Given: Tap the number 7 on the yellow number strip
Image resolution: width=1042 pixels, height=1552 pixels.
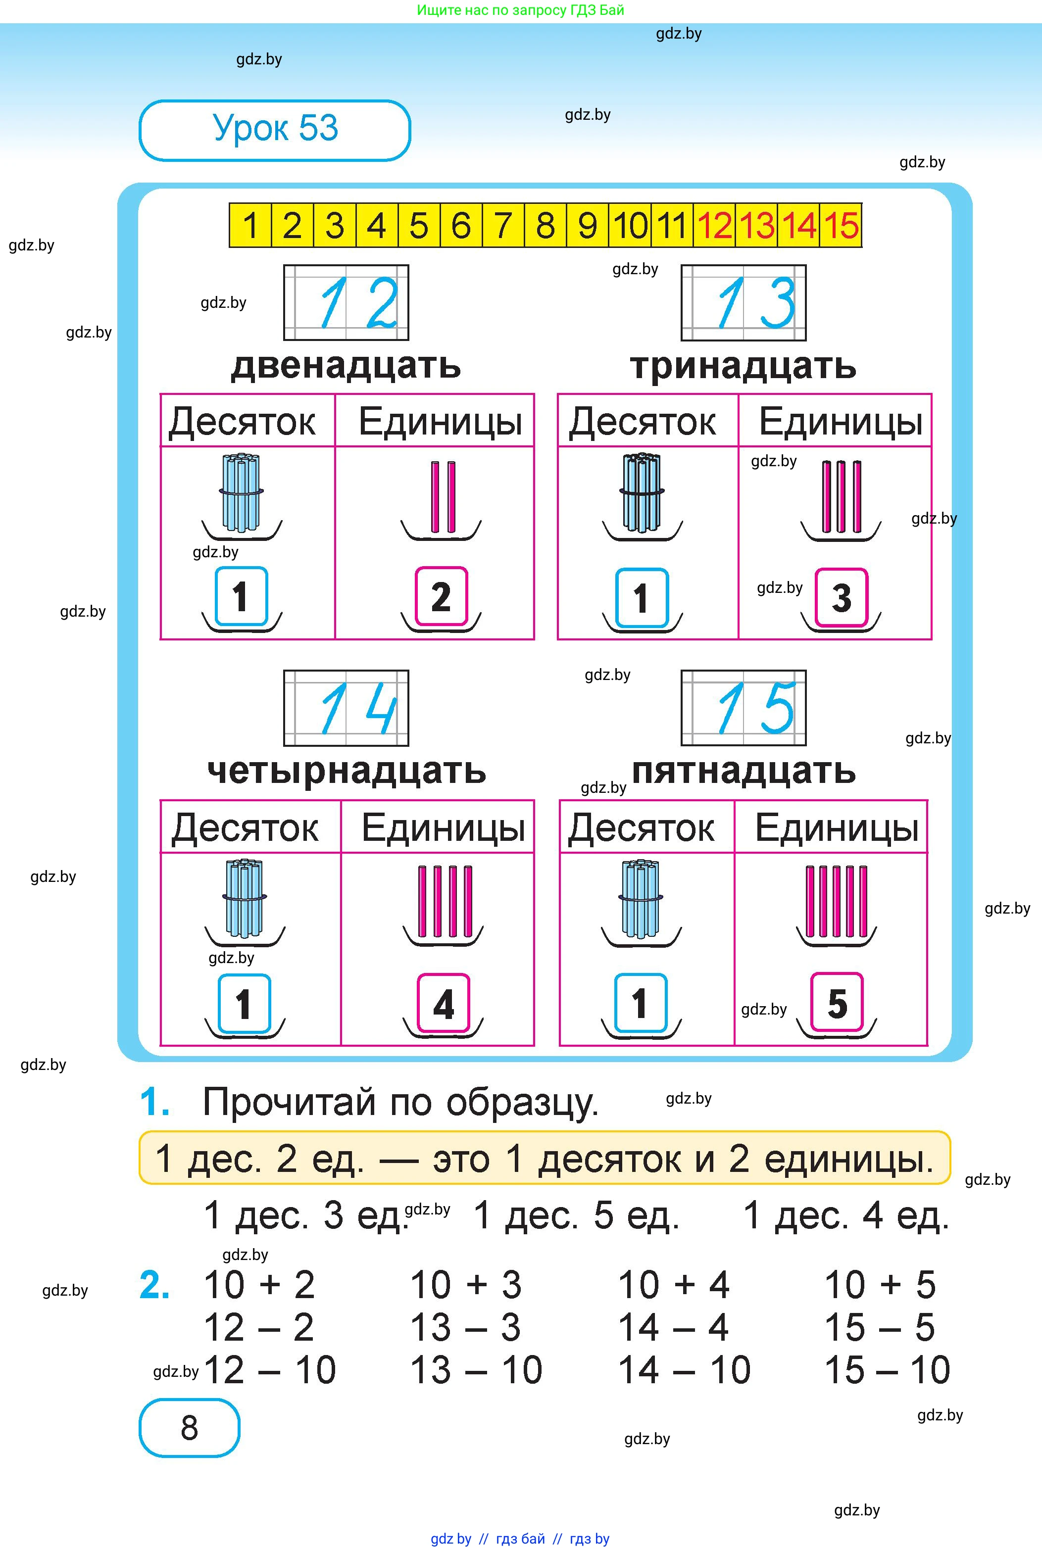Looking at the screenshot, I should pyautogui.click(x=503, y=226).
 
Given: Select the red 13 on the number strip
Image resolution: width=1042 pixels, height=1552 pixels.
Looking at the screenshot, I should pyautogui.click(x=757, y=226).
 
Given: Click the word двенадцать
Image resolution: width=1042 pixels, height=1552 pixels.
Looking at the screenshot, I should pyautogui.click(x=346, y=366).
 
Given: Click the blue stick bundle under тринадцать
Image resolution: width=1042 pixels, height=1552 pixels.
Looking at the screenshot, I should pyautogui.click(x=642, y=493).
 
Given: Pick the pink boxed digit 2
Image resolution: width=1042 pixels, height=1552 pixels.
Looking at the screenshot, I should pyautogui.click(x=441, y=597).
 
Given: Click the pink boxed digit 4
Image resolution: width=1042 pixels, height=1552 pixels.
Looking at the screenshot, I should pyautogui.click(x=443, y=1003).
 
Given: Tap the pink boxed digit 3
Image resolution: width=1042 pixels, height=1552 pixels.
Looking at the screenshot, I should pyautogui.click(x=842, y=598).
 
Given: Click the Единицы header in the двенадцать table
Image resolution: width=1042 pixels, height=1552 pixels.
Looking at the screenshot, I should pyautogui.click(x=441, y=422).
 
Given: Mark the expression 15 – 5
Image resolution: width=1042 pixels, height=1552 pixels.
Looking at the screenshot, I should pyautogui.click(x=879, y=1327).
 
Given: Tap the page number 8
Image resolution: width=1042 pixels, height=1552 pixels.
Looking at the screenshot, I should pyautogui.click(x=190, y=1428).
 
